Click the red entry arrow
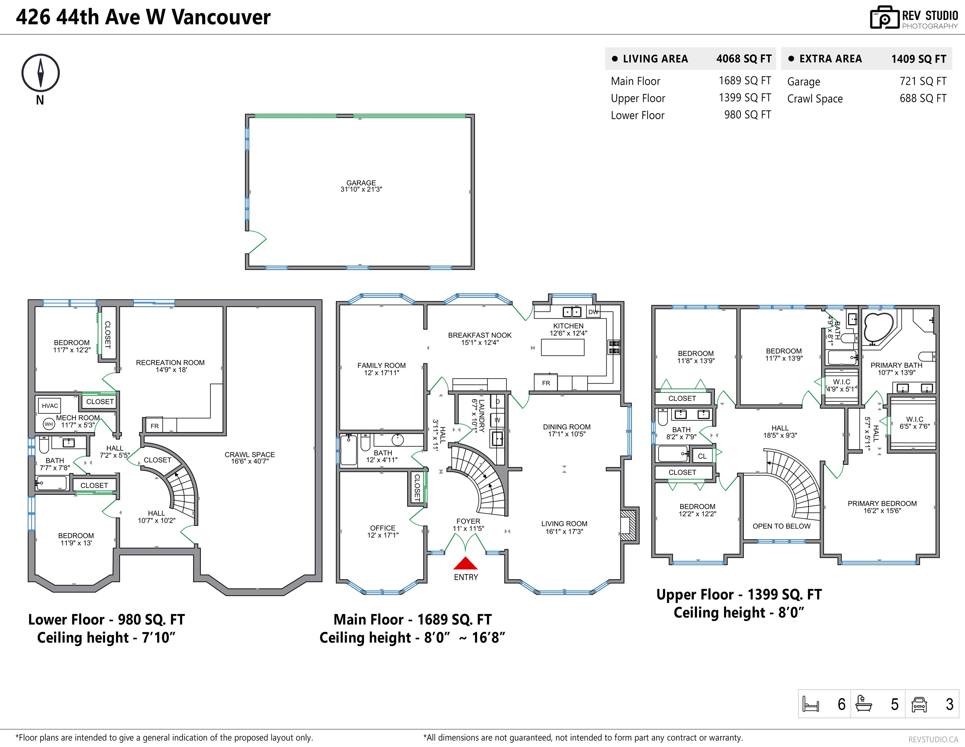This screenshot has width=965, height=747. point(466,563)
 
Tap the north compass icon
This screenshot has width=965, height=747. point(40,73)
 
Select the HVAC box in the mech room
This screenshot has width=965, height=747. point(50,406)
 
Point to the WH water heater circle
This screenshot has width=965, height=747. point(49,424)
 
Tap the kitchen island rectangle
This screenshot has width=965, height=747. point(563,347)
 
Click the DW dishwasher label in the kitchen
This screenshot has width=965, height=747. point(593,312)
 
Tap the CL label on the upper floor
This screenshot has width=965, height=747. point(702,456)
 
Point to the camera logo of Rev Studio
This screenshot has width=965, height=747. point(885,18)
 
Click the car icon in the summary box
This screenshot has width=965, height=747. point(919,704)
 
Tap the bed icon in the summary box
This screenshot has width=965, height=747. point(811,704)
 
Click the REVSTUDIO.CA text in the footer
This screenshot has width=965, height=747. point(933,740)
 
